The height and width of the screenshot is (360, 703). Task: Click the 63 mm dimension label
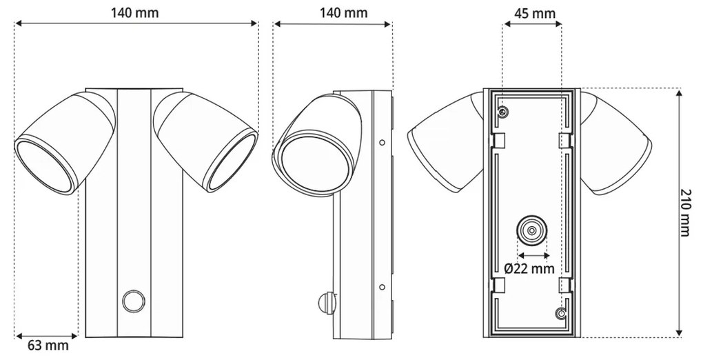point(48,345)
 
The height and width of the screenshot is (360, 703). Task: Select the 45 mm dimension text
point(534,13)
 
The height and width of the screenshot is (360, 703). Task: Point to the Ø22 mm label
point(529,269)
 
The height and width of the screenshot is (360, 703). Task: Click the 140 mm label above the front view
point(136,12)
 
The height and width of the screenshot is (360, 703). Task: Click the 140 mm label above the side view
point(343,13)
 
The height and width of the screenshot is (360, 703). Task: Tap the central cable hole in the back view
point(531,230)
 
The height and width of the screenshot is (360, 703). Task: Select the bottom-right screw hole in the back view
point(561,314)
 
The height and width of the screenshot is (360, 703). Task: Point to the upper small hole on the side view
point(382,143)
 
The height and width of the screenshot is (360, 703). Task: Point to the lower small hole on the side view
point(382,286)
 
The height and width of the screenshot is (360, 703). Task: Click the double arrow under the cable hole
point(531,254)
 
